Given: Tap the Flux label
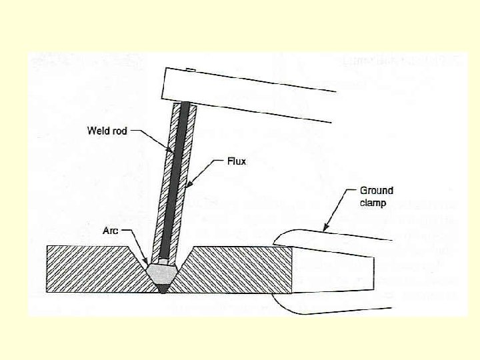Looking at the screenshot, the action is pyautogui.click(x=236, y=161).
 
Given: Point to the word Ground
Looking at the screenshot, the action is pyautogui.click(x=377, y=191).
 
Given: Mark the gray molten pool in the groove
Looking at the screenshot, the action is pyautogui.click(x=162, y=272).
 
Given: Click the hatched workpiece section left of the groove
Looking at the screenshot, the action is pyautogui.click(x=93, y=270).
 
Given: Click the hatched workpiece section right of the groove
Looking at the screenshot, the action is pyautogui.click(x=240, y=270).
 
